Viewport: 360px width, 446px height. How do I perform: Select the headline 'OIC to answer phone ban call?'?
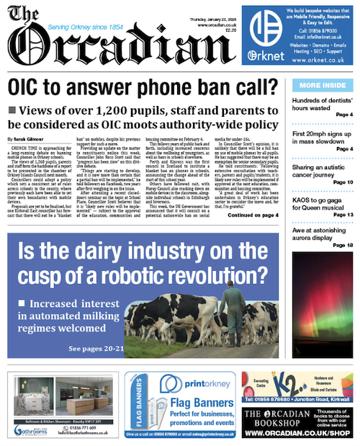(x=141, y=89)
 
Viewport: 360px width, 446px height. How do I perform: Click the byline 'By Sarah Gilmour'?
(x=27, y=138)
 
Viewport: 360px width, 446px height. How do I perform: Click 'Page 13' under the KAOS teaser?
(x=343, y=215)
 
